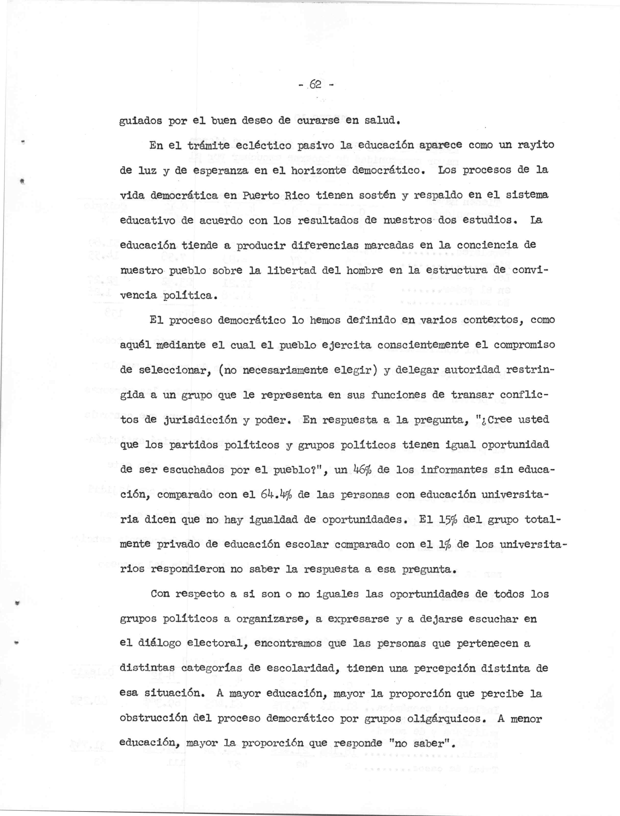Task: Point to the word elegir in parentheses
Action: click(x=356, y=370)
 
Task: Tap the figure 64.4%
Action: click(x=271, y=494)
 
